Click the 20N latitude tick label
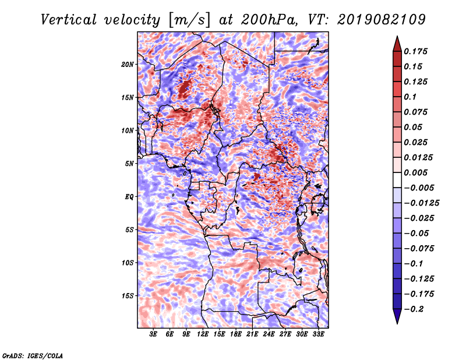[x=127, y=64]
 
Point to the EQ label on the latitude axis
[x=129, y=197]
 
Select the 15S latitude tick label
[x=127, y=296]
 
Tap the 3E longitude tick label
[x=153, y=334]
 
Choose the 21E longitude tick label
[x=252, y=334]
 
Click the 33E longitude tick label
[x=318, y=334]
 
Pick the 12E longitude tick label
[x=202, y=334]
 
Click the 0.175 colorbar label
[x=415, y=51]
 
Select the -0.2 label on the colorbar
[x=414, y=309]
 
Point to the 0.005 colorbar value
[x=415, y=172]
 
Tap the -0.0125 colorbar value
[x=421, y=203]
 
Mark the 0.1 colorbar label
[x=410, y=97]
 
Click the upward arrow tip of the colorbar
[x=397, y=36]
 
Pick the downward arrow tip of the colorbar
[x=397, y=324]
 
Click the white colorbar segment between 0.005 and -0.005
[x=397, y=180]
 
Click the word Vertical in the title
[x=69, y=20]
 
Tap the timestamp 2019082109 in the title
[x=382, y=20]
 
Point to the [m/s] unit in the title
[x=190, y=20]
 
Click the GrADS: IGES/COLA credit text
[x=33, y=355]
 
